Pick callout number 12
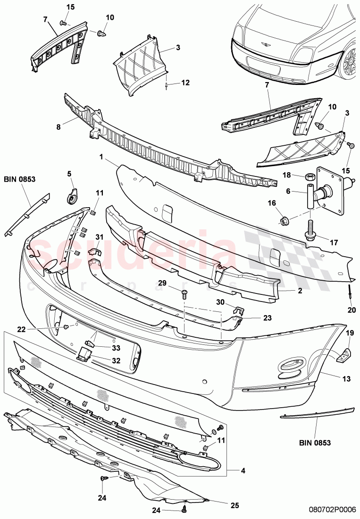[185, 83]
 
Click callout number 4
[243, 470]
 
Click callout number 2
[299, 291]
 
